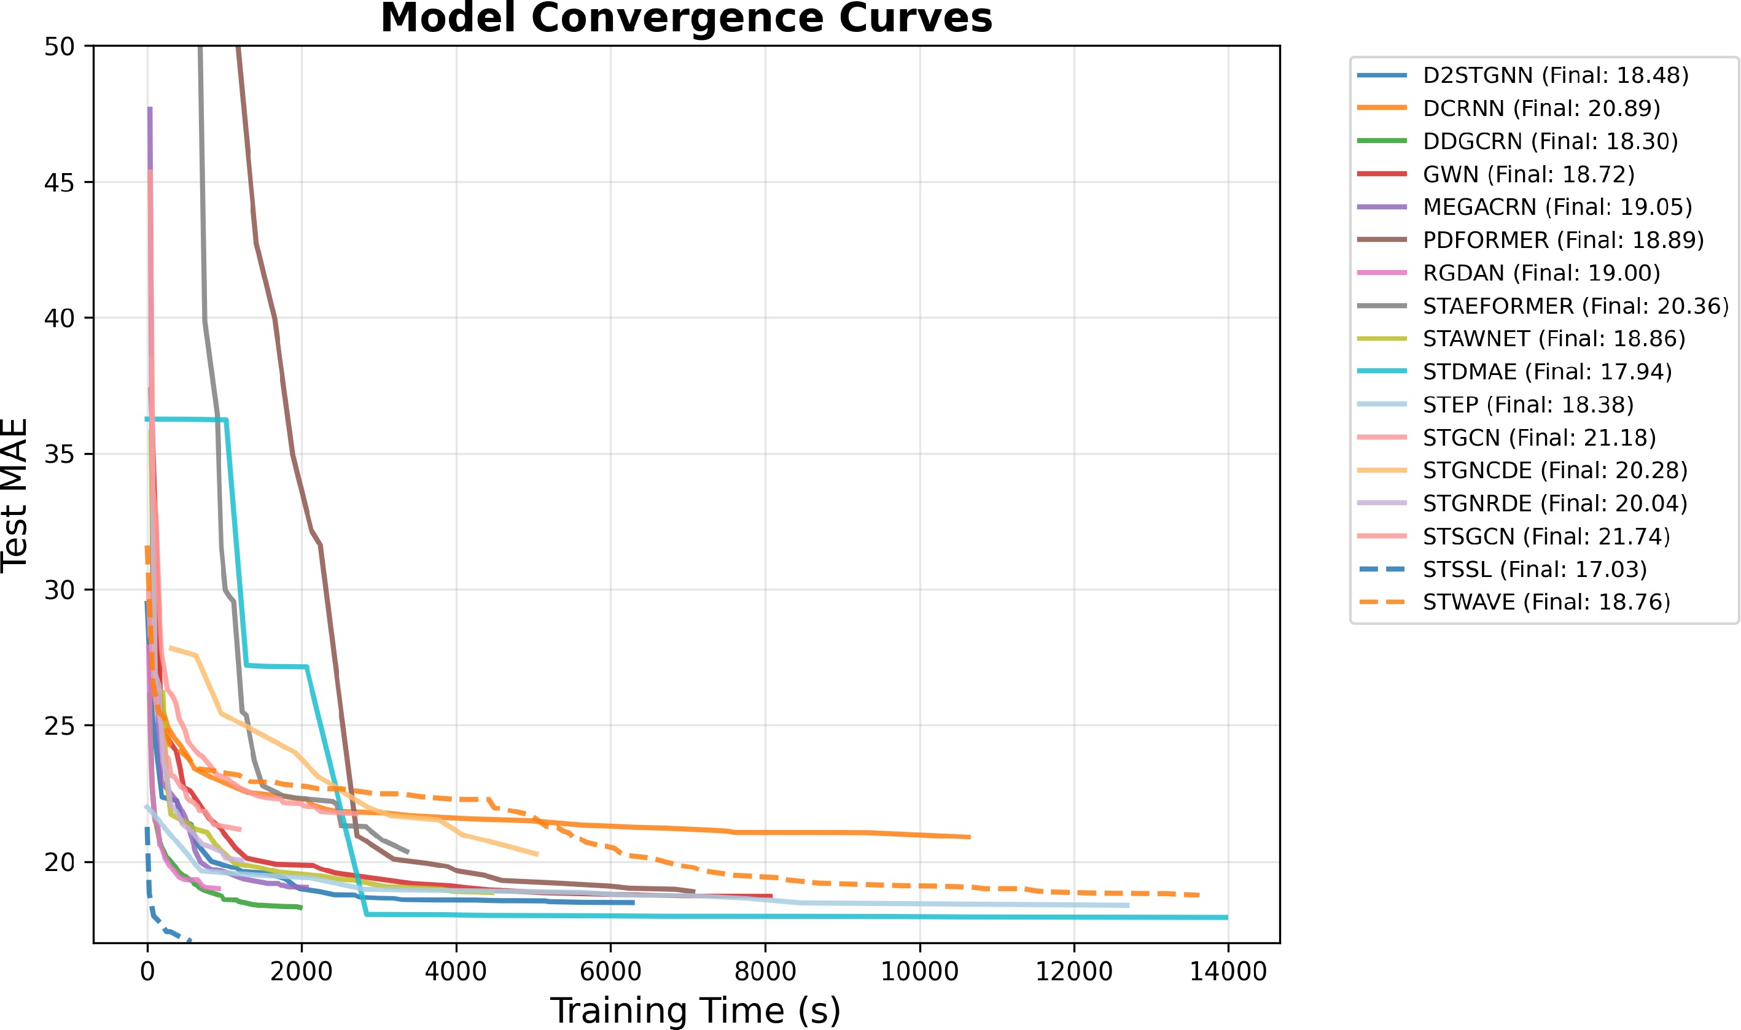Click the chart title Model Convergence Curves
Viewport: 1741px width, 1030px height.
(686, 18)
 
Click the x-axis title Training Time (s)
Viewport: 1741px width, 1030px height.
(695, 1010)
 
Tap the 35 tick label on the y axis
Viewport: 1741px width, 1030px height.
(59, 454)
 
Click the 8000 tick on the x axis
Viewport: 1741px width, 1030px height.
(765, 971)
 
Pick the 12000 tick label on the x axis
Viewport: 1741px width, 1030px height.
(1074, 971)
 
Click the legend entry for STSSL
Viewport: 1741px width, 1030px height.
(1534, 569)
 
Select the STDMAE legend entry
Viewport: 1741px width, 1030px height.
(1546, 372)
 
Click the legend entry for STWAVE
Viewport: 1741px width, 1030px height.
(1546, 602)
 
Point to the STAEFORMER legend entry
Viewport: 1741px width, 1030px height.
(1575, 306)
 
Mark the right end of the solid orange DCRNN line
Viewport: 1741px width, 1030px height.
(969, 837)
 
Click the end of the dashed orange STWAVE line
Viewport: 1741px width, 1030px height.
(1199, 896)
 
